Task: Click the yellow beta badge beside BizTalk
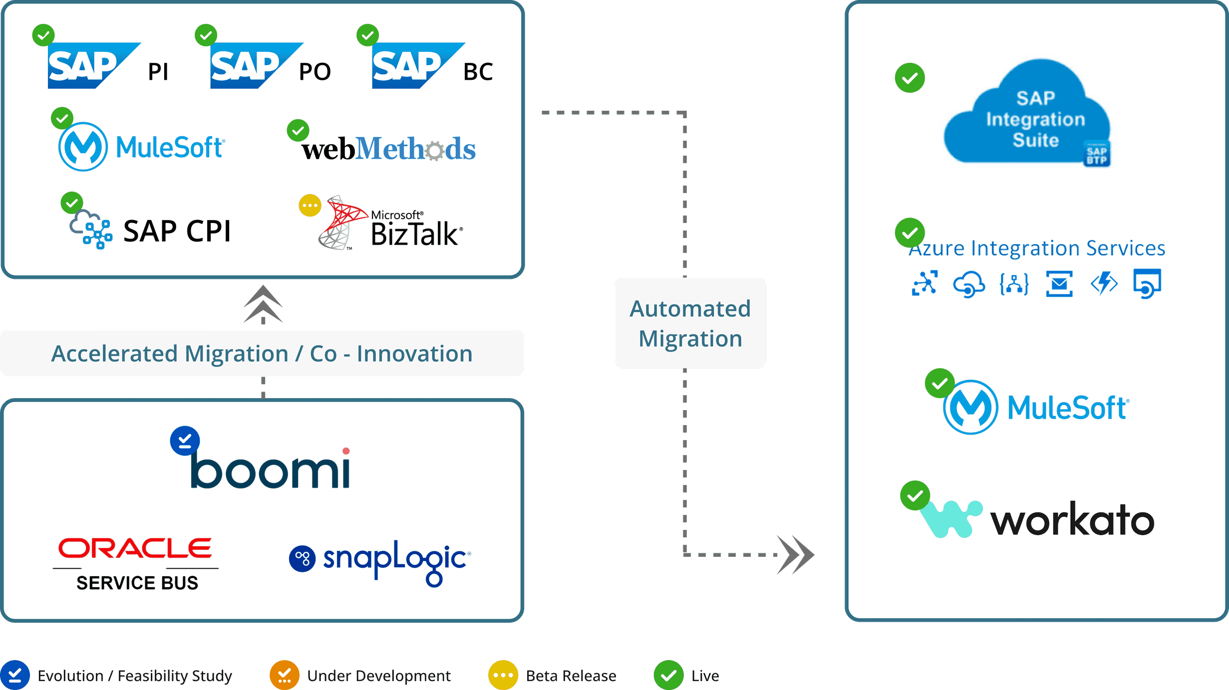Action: tap(309, 205)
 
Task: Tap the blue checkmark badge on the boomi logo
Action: tap(185, 441)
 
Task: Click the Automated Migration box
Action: tap(690, 323)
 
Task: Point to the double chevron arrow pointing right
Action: tap(797, 554)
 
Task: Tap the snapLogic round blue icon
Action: tap(302, 558)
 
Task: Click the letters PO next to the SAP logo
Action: tap(314, 72)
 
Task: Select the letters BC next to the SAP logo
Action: tap(478, 72)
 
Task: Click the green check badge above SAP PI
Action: tap(43, 35)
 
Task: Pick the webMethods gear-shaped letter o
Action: tap(435, 150)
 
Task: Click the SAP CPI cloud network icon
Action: tap(90, 230)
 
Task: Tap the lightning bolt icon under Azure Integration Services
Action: tap(1104, 283)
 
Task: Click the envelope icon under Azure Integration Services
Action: tap(1059, 283)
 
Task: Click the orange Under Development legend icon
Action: tap(284, 675)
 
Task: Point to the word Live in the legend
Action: tap(705, 676)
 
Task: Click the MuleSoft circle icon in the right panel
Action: tap(970, 407)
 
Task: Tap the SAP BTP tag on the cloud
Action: tap(1096, 155)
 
